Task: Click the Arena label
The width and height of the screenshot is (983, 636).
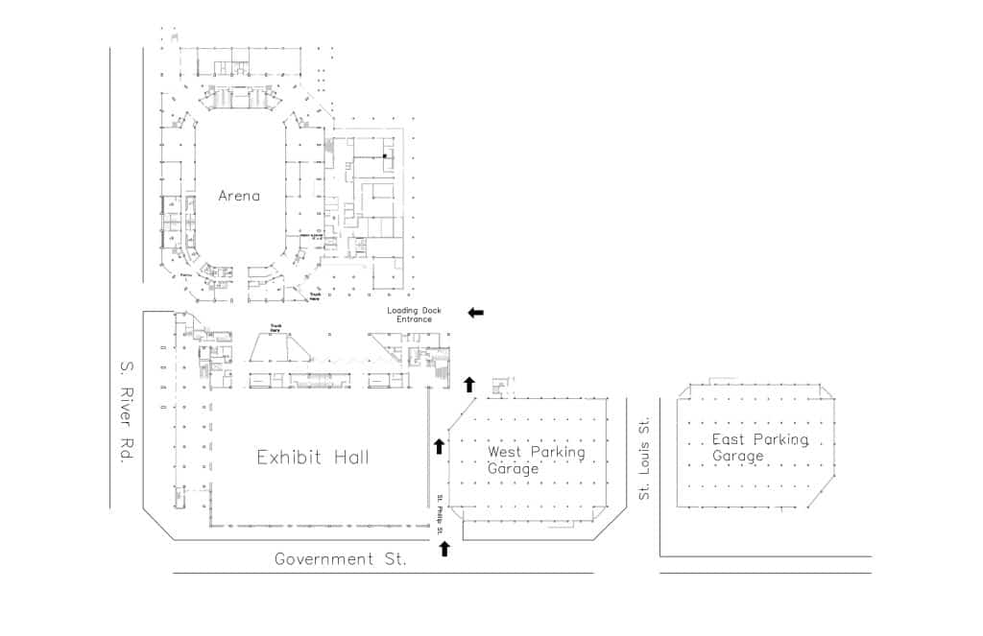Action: pos(239,196)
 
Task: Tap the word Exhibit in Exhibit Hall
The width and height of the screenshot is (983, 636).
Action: pos(288,458)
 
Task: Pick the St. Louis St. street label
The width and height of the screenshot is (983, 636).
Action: pos(644,458)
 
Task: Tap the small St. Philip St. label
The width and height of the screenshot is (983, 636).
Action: pos(440,514)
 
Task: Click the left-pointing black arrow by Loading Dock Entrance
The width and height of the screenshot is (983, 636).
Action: pos(476,313)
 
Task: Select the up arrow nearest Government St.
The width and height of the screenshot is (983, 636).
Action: pos(444,549)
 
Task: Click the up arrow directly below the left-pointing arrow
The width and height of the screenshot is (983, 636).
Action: pos(469,385)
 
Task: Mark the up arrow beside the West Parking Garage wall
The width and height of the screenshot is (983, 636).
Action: pos(439,445)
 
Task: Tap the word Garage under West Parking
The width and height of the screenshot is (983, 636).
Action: pos(513,469)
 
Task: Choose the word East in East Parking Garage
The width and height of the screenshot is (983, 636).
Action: pos(729,439)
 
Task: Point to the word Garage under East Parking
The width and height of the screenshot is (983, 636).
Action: pos(737,456)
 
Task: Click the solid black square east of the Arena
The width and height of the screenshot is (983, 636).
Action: pos(385,155)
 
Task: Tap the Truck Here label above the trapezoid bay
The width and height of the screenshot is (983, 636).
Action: pos(278,326)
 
